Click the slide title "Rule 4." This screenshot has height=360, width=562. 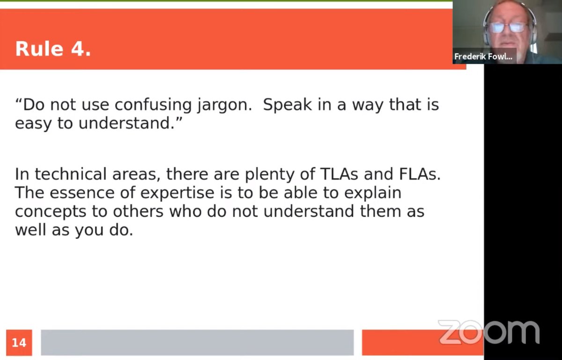(53, 49)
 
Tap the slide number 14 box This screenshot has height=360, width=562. (19, 343)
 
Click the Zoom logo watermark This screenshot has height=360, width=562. (489, 332)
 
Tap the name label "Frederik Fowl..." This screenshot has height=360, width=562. (483, 56)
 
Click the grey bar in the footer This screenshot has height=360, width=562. (197, 343)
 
